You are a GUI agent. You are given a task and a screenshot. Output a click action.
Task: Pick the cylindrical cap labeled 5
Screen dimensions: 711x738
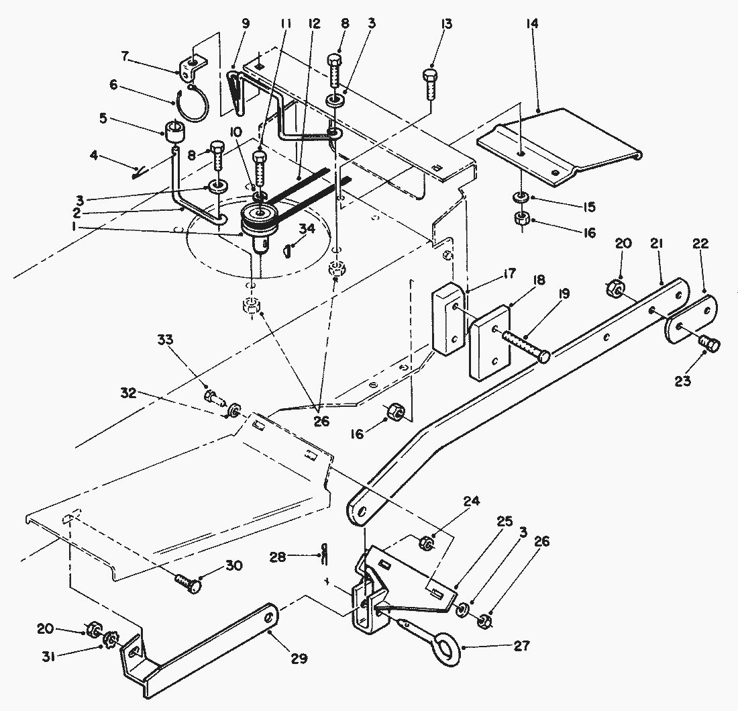pos(174,130)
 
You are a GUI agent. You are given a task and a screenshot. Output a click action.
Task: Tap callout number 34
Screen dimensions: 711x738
pos(307,230)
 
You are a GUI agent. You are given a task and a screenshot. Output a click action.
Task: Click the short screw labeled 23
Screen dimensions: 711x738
pos(708,344)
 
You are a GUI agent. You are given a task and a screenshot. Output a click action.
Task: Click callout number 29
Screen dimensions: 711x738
pos(299,659)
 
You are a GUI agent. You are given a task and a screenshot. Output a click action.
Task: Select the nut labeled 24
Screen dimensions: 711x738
pos(425,542)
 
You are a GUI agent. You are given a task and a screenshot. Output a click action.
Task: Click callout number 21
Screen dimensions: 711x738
pos(657,246)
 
